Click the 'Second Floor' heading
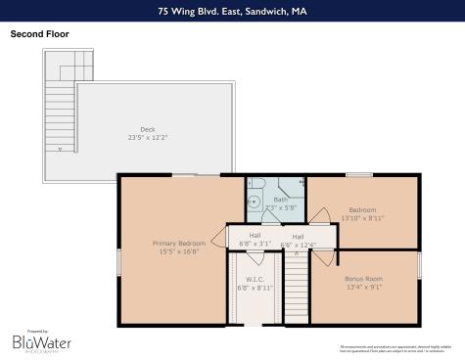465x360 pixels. (39, 33)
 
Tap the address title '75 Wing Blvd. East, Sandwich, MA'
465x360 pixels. (232, 12)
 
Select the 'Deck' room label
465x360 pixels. (147, 128)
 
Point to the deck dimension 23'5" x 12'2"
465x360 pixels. (147, 137)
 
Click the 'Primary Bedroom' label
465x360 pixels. (179, 242)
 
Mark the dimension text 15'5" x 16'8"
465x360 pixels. (179, 250)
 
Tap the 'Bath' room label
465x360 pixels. (280, 200)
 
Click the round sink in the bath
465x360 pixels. (253, 202)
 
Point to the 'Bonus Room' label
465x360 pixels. (363, 279)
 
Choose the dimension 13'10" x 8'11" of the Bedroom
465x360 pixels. (363, 218)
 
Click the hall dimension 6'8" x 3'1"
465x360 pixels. (255, 244)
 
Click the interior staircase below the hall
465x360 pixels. (296, 289)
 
